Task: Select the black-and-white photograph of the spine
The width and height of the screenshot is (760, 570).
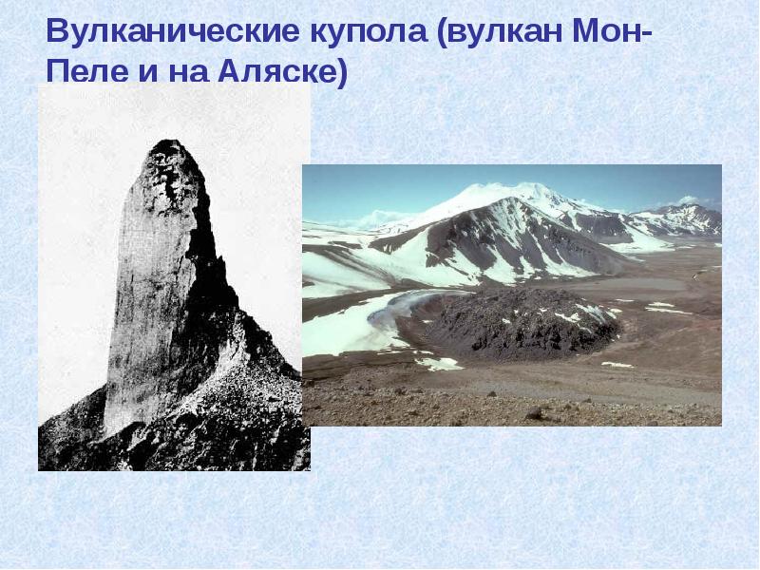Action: (x=174, y=285)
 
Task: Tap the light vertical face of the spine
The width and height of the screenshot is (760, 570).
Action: (x=142, y=304)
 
